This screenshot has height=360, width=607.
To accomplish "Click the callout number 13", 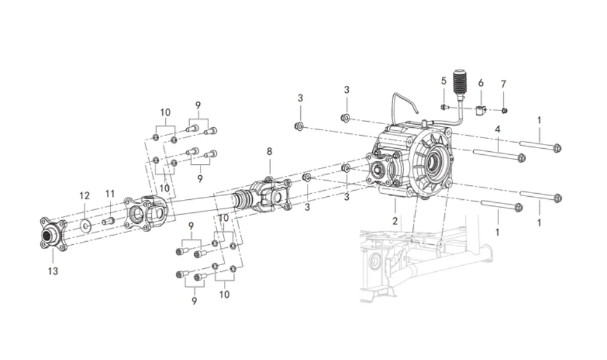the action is coord(53,271).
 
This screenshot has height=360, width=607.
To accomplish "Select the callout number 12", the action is coord(85,196).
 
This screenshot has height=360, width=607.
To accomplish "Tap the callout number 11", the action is coord(110,193).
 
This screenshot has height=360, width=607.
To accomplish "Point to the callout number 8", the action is coord(270,151).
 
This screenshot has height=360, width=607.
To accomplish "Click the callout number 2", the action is coord(395,221).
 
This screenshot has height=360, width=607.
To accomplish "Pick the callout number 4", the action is coord(498,129).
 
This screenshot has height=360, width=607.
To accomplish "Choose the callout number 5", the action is coord(444,81).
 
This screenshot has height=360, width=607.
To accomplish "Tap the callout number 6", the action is coord(480,83).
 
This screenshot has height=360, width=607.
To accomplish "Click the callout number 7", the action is coord(503,84).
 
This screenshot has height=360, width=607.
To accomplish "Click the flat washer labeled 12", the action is coord(85,226).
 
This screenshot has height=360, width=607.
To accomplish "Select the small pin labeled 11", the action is coord(107,221).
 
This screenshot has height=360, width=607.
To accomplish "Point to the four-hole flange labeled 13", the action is coord(53,234).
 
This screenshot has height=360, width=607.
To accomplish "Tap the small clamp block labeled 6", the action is coord(480,110).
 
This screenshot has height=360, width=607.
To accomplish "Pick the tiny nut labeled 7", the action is coord(504,111).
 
